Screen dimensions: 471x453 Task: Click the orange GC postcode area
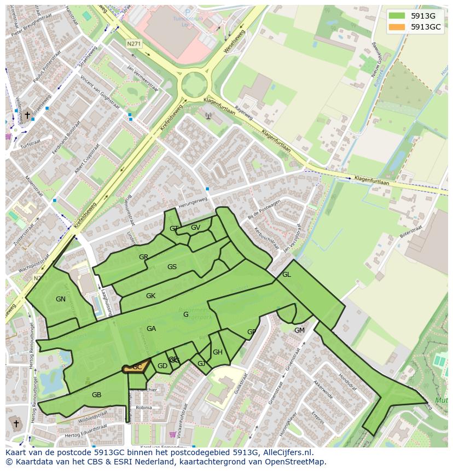pyautogui.click(x=136, y=368)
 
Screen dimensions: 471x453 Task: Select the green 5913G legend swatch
pyautogui.click(x=398, y=15)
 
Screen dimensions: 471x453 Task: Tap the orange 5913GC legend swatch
pyautogui.click(x=398, y=27)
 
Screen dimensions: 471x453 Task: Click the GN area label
pyautogui.click(x=61, y=299)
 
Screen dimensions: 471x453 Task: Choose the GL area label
pyautogui.click(x=286, y=275)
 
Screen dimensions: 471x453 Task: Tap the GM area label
pyautogui.click(x=299, y=330)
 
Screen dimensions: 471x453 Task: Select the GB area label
pyautogui.click(x=96, y=395)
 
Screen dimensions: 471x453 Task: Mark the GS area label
pyautogui.click(x=172, y=267)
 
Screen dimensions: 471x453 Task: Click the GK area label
pyautogui.click(x=150, y=296)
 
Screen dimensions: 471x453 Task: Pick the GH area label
pyautogui.click(x=218, y=352)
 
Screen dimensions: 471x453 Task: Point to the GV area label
pyautogui.click(x=195, y=228)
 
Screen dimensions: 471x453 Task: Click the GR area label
pyautogui.click(x=143, y=257)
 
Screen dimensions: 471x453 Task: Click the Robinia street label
pyautogui.click(x=144, y=408)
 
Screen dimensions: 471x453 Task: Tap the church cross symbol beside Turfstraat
pyautogui.click(x=27, y=115)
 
